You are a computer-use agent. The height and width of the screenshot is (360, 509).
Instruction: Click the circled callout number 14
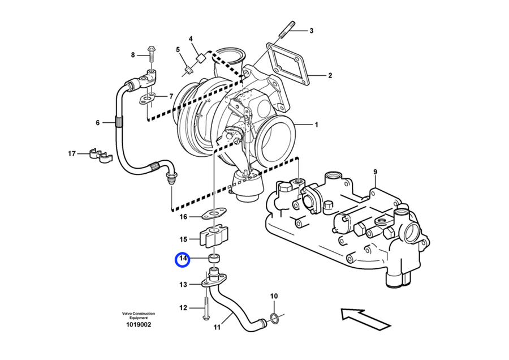(183, 260)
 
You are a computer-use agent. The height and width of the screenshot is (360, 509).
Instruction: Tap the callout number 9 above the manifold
(374, 172)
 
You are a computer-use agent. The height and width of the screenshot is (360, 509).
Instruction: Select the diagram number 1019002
(138, 325)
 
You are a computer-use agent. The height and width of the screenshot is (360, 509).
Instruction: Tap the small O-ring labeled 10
(273, 318)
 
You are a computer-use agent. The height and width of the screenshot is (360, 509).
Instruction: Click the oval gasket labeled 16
(213, 215)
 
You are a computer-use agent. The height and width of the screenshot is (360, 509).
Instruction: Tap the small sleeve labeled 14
(214, 259)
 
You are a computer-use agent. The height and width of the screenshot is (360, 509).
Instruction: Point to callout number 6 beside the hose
(97, 122)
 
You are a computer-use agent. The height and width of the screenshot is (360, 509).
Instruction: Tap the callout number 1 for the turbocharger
(317, 125)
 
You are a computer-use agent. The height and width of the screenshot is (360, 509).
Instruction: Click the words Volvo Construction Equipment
(137, 316)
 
